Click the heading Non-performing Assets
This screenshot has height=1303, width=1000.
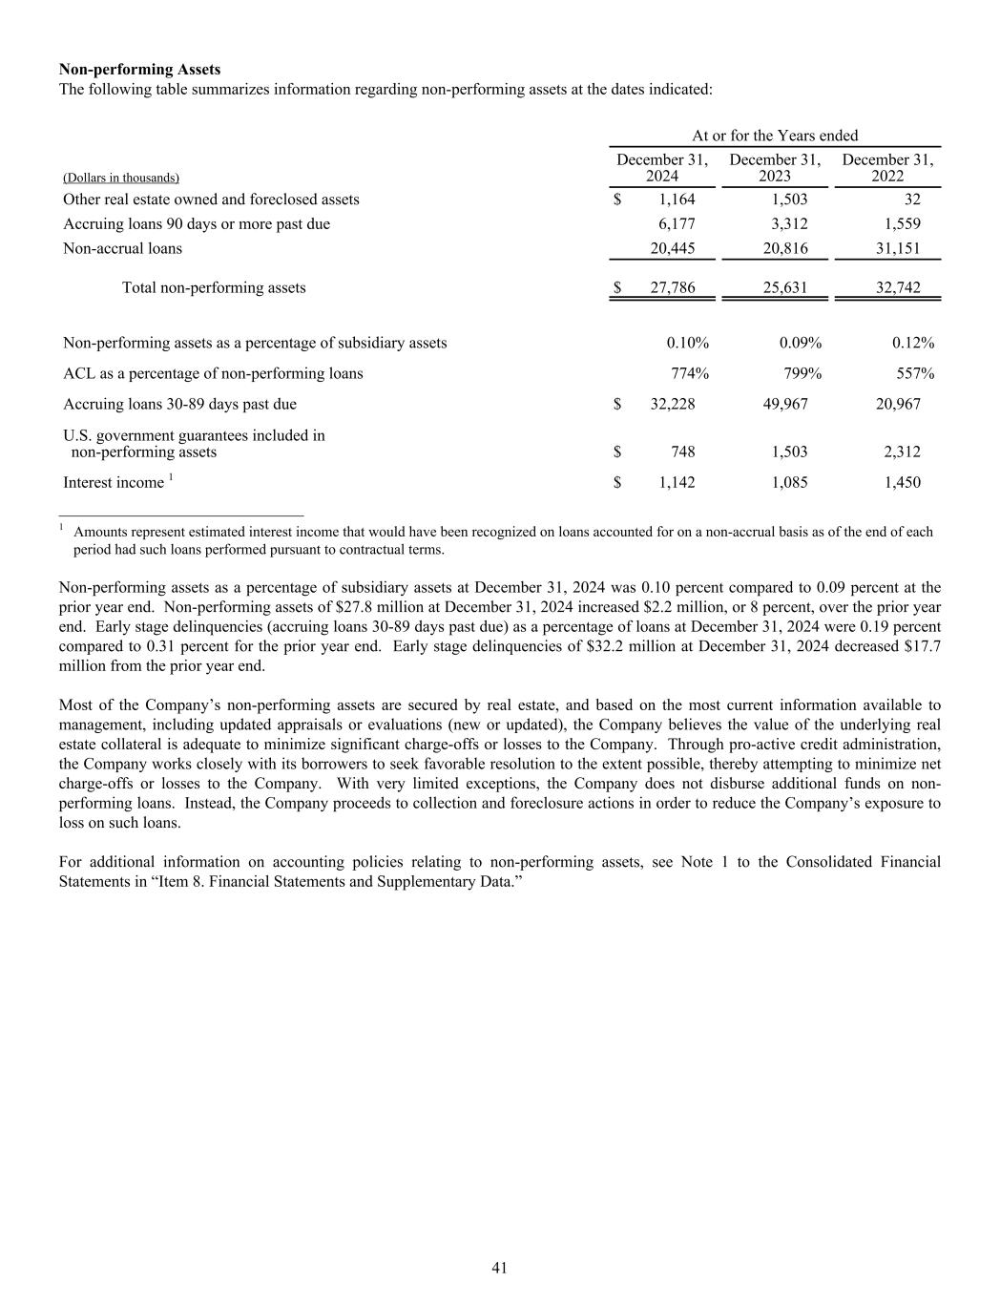(139, 70)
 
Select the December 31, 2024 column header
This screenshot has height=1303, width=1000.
(662, 168)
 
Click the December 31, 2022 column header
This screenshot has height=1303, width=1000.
(887, 168)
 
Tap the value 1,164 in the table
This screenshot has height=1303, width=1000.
(677, 200)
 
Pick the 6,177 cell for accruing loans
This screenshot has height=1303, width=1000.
(677, 223)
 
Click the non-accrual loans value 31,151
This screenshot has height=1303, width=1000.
(898, 248)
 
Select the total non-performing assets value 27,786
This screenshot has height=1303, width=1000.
(672, 287)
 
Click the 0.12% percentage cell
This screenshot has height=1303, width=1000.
(913, 343)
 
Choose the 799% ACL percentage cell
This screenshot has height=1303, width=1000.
(802, 373)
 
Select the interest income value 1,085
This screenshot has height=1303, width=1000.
(789, 482)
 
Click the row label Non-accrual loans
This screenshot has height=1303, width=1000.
(122, 248)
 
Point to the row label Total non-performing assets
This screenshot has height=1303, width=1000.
(214, 287)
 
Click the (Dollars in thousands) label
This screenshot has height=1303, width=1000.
(121, 178)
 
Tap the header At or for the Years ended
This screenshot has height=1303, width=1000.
(775, 136)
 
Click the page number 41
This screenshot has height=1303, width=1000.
(499, 1268)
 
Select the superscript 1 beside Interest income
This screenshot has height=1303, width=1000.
(171, 477)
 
